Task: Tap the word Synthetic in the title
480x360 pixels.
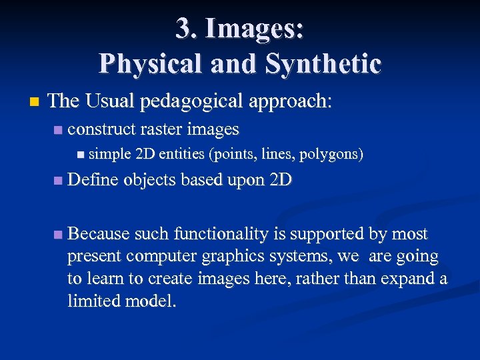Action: (323, 63)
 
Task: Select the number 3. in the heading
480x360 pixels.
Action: (187, 29)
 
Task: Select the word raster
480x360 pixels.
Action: (162, 128)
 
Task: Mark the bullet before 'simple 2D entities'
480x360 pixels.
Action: (81, 155)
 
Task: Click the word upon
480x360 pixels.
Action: (244, 180)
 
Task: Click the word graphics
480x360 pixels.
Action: (255, 256)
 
